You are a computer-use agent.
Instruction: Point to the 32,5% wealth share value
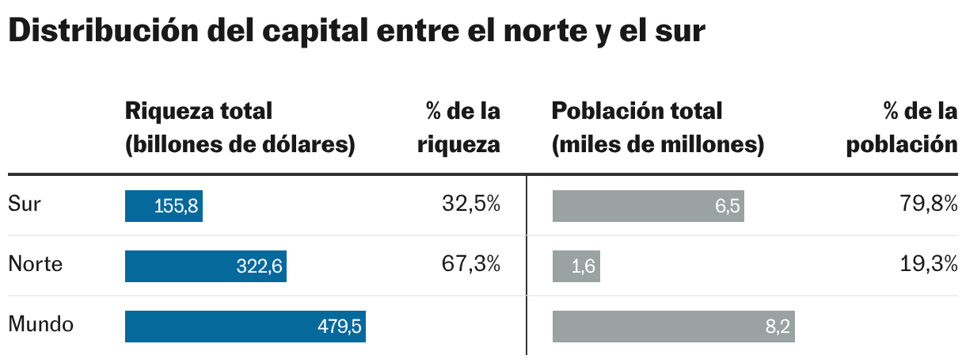pyautogui.click(x=471, y=204)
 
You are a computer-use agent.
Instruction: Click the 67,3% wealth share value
pyautogui.click(x=471, y=265)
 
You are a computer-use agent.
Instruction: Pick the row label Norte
pyautogui.click(x=35, y=265)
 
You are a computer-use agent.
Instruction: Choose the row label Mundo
pyautogui.click(x=41, y=325)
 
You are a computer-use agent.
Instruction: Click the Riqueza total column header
pyautogui.click(x=239, y=128)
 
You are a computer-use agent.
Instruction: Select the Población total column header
pyautogui.click(x=657, y=128)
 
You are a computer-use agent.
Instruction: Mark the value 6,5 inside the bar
pyautogui.click(x=727, y=207)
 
